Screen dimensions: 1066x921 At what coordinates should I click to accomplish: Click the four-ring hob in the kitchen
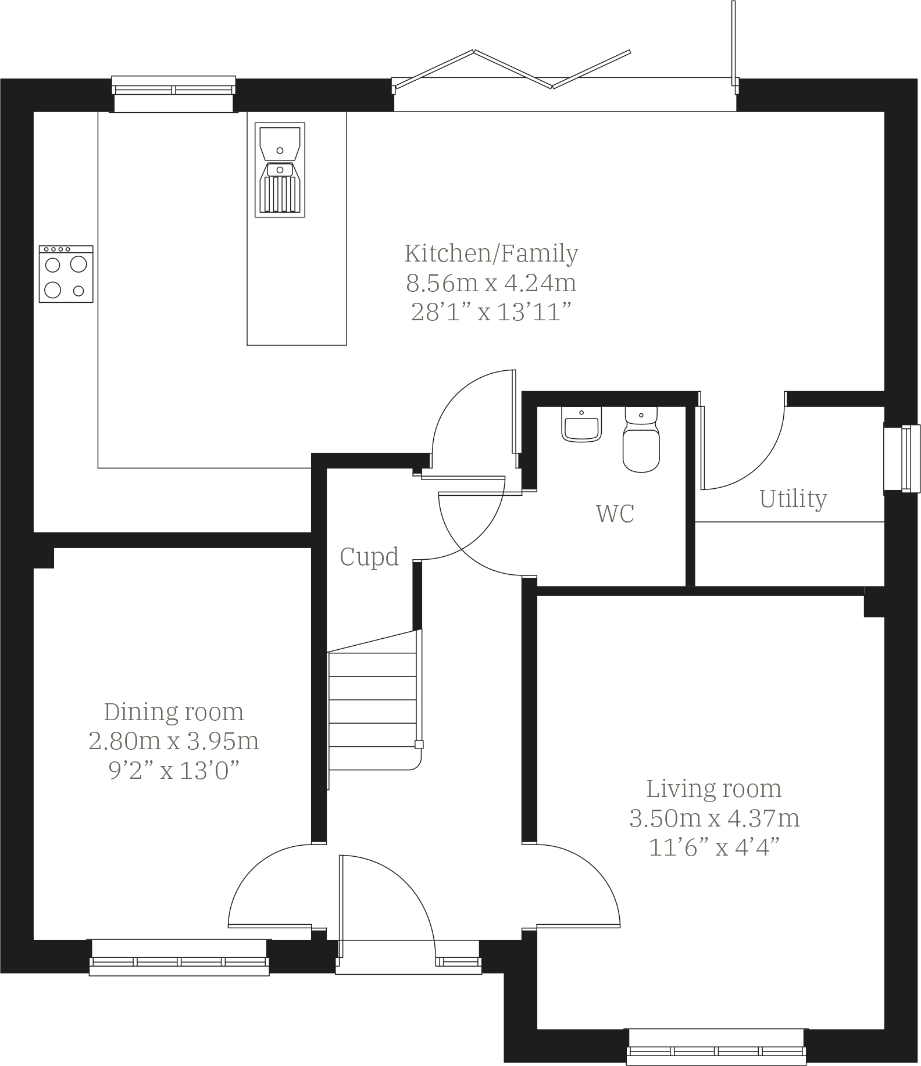pyautogui.click(x=66, y=274)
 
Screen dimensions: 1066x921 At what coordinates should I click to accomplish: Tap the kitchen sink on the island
pyautogui.click(x=280, y=170)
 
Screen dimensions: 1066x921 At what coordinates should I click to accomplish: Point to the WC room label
pyautogui.click(x=615, y=514)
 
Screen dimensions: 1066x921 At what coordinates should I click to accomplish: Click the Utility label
pyautogui.click(x=793, y=499)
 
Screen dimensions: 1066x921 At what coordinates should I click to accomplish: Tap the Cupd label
pyautogui.click(x=369, y=557)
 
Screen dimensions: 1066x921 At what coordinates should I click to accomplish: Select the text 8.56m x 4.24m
pyautogui.click(x=491, y=283)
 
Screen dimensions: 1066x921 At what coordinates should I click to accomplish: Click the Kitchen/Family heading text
pyautogui.click(x=491, y=253)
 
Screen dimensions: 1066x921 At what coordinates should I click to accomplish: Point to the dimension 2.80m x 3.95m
pyautogui.click(x=173, y=741)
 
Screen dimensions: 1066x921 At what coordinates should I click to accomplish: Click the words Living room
pyautogui.click(x=713, y=789)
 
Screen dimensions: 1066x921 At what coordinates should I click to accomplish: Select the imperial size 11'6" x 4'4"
pyautogui.click(x=713, y=848)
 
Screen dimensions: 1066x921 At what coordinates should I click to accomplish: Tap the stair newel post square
pyautogui.click(x=419, y=745)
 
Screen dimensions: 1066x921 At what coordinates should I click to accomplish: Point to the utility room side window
pyautogui.click(x=902, y=459)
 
